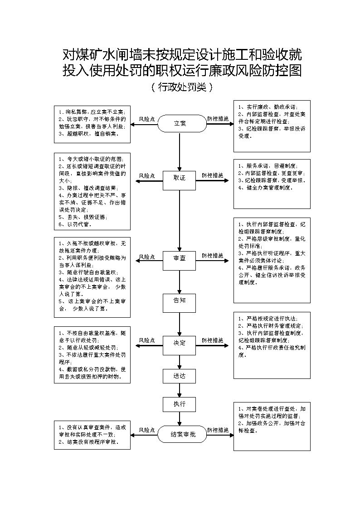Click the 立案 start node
point(180,123)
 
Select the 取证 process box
point(180,178)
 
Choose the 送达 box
point(180,375)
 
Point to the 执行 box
point(180,404)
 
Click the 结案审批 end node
point(183,434)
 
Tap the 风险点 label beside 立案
point(147,119)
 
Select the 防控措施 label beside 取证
point(213,175)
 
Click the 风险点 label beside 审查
point(147,257)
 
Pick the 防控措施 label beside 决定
point(213,340)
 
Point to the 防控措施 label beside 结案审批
point(218,430)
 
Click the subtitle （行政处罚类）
point(180,87)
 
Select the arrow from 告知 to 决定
point(180,323)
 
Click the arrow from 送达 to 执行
point(180,390)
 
